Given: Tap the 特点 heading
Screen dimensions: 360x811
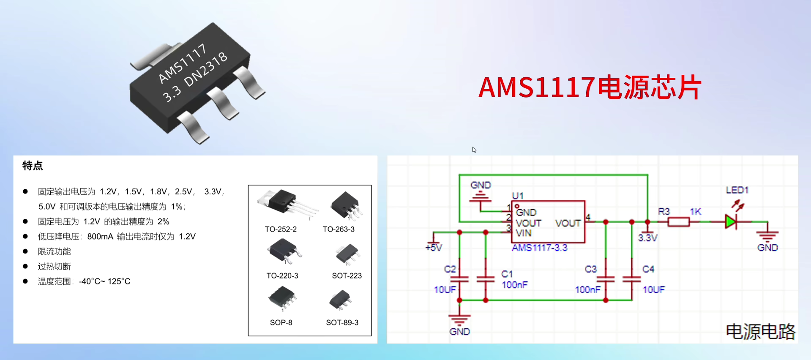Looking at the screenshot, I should pos(33,166).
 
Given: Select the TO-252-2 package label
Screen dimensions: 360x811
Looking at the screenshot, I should pos(281,229).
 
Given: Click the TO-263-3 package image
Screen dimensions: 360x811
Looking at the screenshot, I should pos(346,205).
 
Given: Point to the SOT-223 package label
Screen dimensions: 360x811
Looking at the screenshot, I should pos(347,275).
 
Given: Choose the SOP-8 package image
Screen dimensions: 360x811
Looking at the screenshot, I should pos(281,297).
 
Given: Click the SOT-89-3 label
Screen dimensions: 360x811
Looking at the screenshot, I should pos(342,322).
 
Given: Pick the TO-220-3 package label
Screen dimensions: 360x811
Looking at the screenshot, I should pos(282,275).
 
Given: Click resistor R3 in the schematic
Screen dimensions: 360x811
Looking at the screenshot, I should pos(678,222).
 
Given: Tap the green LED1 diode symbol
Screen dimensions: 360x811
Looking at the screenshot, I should pos(731,221).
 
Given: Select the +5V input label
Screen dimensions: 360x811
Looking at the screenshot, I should pos(434,247).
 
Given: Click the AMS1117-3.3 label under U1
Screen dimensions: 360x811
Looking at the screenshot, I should pos(539,248).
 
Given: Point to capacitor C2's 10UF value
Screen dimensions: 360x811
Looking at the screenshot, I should pos(445,289).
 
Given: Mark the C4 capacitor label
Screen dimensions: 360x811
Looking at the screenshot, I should pos(648,269).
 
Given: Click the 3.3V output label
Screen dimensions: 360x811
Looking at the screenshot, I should pos(647,238).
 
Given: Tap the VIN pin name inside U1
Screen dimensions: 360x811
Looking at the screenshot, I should pos(523,233).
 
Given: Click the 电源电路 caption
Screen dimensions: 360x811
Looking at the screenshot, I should pos(760,332).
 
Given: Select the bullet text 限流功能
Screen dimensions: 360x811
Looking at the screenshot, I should pos(55,251).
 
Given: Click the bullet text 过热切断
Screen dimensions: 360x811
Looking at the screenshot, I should pos(55,266).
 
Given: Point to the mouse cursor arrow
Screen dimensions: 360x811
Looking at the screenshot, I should pos(474,150).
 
